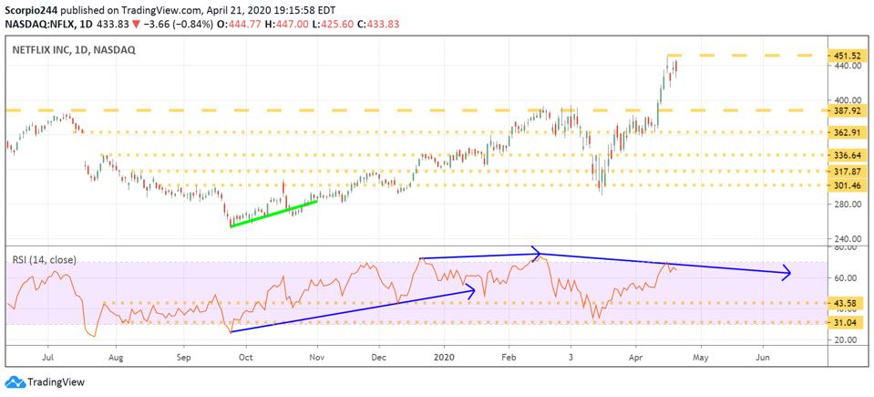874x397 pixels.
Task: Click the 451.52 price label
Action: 846,55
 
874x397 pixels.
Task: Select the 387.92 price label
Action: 846,110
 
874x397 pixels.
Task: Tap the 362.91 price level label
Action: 846,132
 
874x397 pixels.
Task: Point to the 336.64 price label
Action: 846,155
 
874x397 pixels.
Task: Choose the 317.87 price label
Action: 846,171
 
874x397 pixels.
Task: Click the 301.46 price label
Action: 846,185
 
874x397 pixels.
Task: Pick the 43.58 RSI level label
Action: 844,303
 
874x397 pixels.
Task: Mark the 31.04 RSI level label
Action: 844,322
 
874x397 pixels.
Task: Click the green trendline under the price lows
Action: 273,214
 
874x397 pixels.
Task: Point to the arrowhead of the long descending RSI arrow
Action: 787,273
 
